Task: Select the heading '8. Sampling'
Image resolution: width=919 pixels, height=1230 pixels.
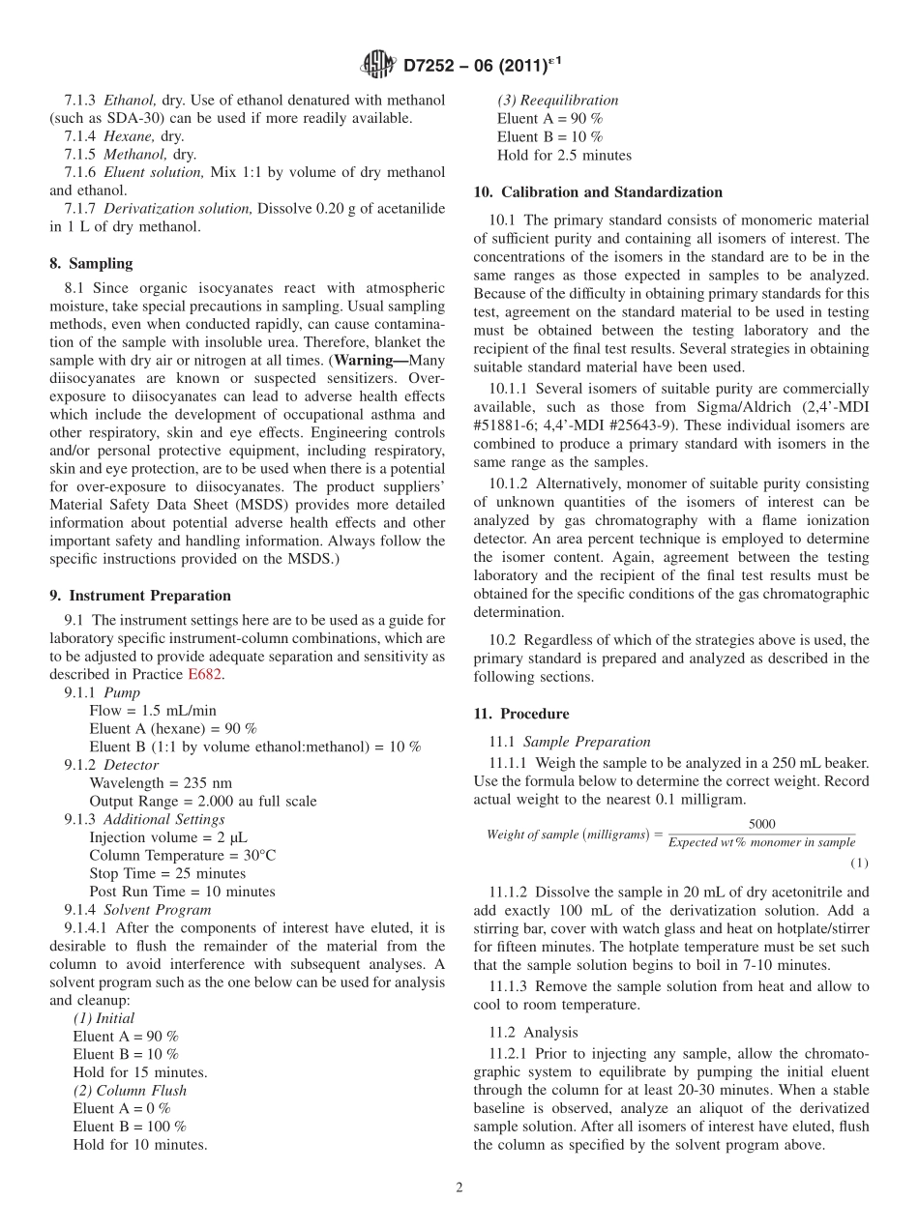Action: (91, 263)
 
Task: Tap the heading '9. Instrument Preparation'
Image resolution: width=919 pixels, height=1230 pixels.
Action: (140, 596)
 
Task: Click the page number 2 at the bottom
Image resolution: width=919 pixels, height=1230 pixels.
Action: (459, 1187)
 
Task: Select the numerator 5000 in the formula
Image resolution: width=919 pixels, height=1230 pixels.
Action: (761, 824)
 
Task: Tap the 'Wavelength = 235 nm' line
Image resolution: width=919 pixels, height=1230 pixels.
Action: (161, 783)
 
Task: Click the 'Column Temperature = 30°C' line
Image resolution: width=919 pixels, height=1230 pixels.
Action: (182, 856)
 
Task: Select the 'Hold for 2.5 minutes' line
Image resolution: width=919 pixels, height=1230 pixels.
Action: (564, 155)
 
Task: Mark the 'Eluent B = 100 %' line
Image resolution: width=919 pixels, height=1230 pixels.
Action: (130, 1127)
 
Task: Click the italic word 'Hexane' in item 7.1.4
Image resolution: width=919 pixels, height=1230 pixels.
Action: (129, 136)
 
